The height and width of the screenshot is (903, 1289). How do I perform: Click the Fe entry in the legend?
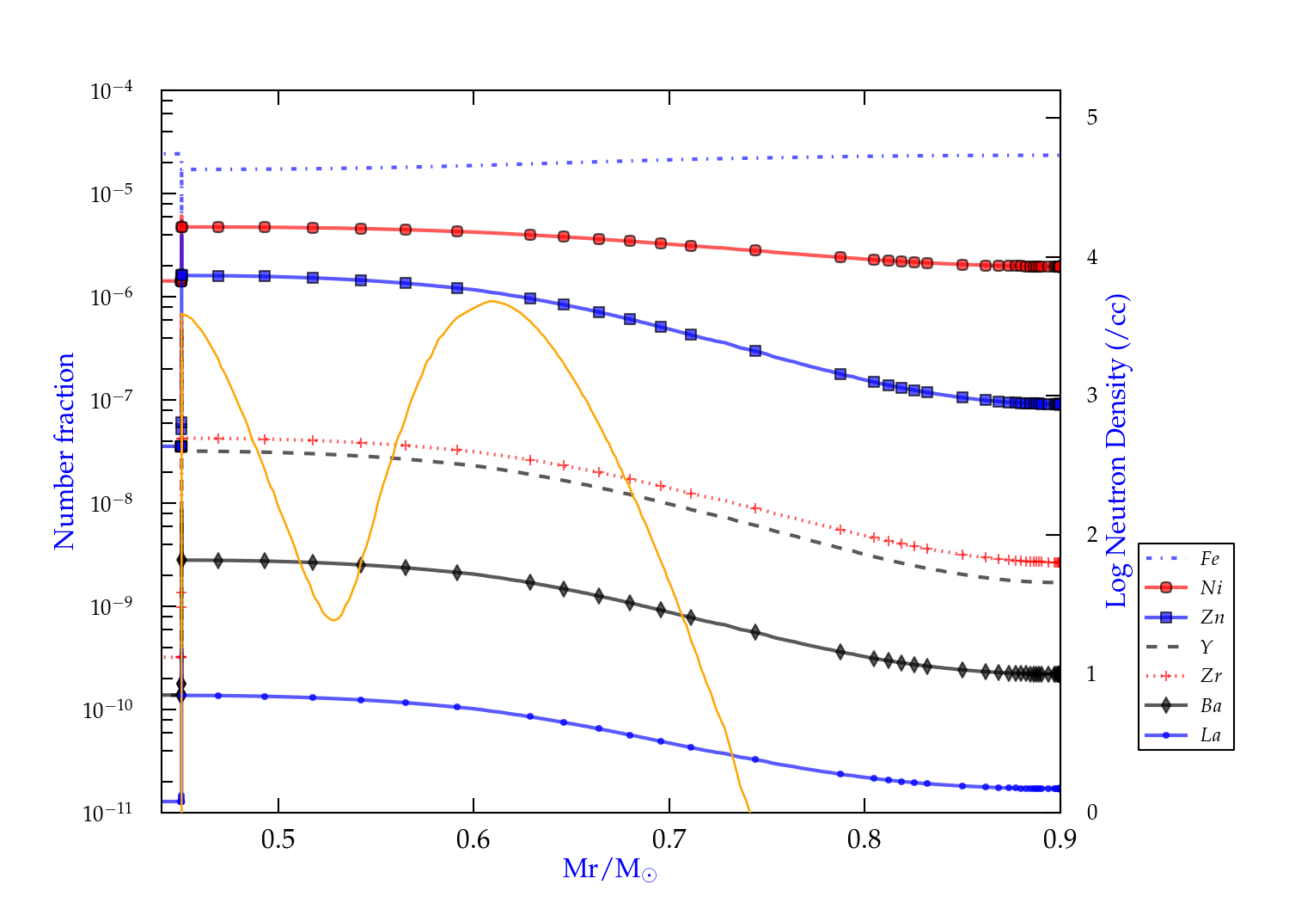click(1210, 559)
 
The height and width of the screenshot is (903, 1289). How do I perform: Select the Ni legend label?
click(1211, 588)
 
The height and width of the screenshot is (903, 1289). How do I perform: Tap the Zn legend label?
click(1212, 617)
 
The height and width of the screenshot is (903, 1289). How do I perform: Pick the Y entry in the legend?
click(1207, 647)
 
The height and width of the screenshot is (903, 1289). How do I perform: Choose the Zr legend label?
click(1211, 676)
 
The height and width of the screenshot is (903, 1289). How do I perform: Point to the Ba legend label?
click(1211, 706)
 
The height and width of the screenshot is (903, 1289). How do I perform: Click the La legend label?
click(1210, 735)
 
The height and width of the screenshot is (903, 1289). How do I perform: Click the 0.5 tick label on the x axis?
click(278, 839)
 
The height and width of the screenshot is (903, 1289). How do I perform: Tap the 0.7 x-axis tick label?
click(669, 839)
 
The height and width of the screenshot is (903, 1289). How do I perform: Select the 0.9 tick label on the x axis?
click(1060, 839)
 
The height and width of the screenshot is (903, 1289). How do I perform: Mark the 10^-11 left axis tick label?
click(108, 813)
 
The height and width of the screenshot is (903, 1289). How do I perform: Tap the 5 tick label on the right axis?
click(1091, 117)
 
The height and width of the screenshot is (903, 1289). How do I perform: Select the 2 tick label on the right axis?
click(1091, 534)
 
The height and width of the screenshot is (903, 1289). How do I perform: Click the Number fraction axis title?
click(64, 451)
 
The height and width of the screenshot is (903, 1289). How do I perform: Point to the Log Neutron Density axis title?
click(1116, 451)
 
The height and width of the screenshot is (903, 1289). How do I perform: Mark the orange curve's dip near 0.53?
click(333, 620)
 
